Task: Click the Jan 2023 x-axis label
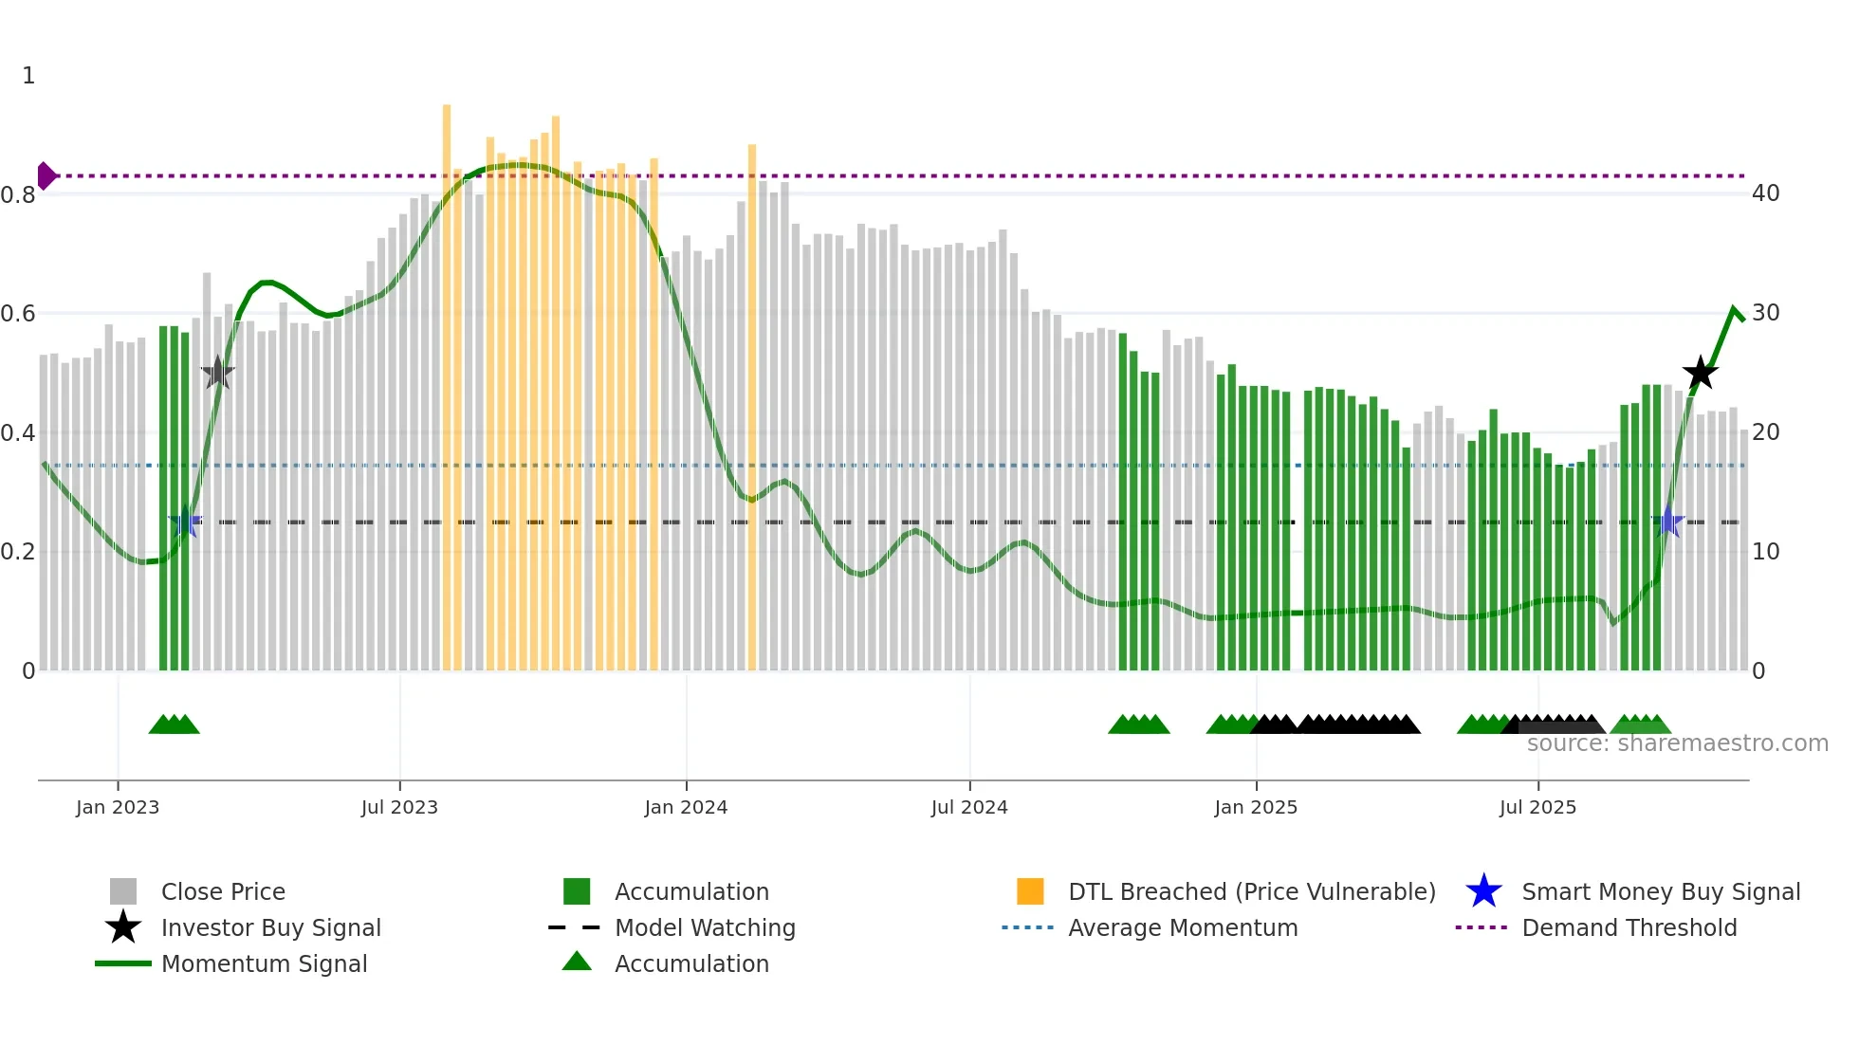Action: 118,807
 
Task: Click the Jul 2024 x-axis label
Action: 969,807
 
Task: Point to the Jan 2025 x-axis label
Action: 1256,807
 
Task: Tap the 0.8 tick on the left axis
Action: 18,195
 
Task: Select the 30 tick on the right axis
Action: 1765,313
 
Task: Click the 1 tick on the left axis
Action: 28,76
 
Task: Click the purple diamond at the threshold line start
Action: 46,175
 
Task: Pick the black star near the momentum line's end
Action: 1700,373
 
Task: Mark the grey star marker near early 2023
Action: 217,373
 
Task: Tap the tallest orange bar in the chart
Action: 447,379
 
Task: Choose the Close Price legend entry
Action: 223,891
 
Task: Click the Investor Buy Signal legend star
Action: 123,927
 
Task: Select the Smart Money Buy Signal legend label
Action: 1660,891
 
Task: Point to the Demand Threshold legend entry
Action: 1629,927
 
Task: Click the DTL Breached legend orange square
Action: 1030,891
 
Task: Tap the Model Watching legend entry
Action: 705,927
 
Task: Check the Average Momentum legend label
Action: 1183,927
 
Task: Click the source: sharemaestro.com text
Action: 1677,743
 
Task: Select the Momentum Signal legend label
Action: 264,963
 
